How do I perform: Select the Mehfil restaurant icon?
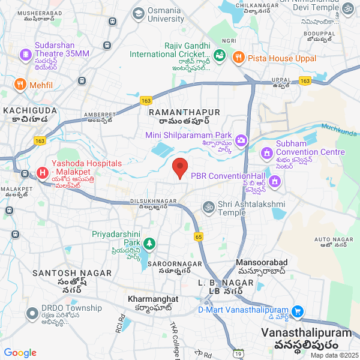[x=20, y=85]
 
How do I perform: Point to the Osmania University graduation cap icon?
[x=139, y=13]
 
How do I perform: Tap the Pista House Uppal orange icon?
[x=238, y=58]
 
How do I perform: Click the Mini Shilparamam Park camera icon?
[x=241, y=140]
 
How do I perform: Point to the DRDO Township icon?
[x=31, y=313]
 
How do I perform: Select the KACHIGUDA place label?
[x=30, y=110]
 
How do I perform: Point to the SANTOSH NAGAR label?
[x=72, y=273]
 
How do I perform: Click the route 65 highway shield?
[x=199, y=237]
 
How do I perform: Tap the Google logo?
[x=20, y=353]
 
